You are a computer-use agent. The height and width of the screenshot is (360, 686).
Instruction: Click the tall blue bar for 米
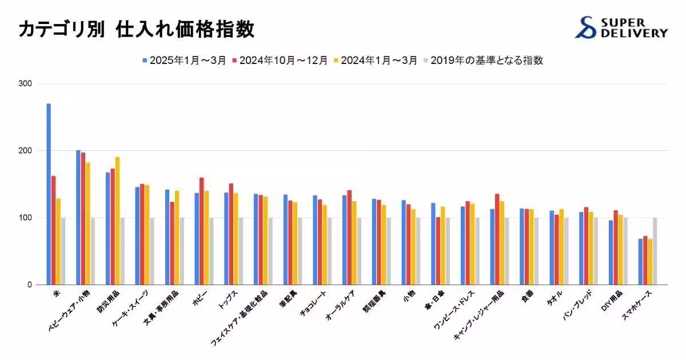click(49, 194)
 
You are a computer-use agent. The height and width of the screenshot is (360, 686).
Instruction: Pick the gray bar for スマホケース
click(655, 251)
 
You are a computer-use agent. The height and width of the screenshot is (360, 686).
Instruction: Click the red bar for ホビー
click(202, 231)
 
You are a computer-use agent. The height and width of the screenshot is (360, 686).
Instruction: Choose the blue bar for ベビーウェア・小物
click(78, 217)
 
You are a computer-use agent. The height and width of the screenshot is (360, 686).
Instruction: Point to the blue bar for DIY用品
click(611, 252)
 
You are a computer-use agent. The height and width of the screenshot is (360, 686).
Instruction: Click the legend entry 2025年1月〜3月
click(185, 60)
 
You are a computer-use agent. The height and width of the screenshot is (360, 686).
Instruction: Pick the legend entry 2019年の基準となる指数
click(482, 60)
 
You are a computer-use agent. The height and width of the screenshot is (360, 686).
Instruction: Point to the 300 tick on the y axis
click(26, 84)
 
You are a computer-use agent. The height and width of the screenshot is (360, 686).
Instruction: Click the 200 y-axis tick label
click(26, 151)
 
